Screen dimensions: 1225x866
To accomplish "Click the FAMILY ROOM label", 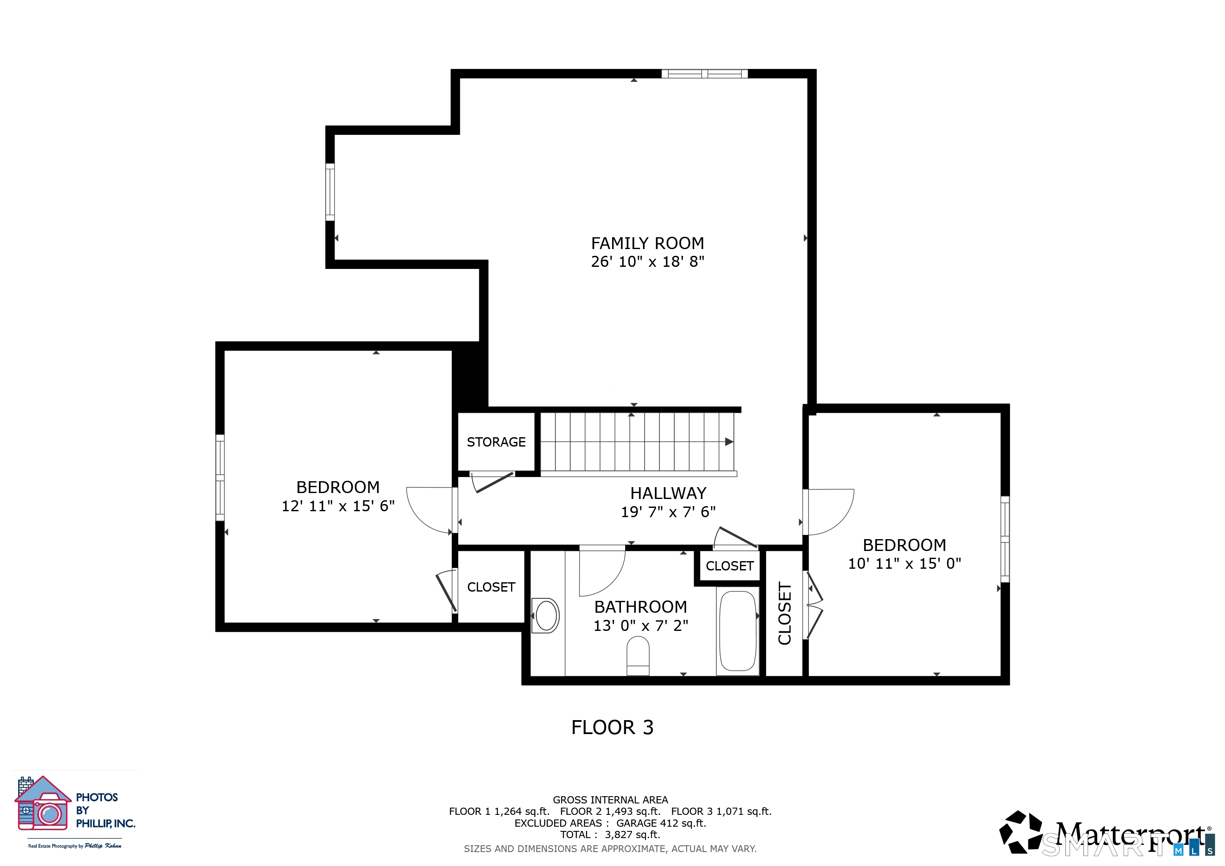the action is (647, 243).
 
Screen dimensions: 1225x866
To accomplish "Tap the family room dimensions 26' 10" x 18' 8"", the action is (647, 261).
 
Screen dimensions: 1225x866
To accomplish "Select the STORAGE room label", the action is (496, 442).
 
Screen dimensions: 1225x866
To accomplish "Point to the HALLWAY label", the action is (668, 493).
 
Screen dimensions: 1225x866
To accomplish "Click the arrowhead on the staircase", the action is (729, 441).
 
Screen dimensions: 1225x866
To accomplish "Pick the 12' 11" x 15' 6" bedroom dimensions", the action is (338, 506).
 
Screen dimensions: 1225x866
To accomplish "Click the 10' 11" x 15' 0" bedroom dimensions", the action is (904, 564).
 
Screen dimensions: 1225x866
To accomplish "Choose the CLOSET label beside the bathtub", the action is (729, 566).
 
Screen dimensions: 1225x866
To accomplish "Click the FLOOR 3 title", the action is (612, 727).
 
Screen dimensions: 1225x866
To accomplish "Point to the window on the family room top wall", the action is (704, 74).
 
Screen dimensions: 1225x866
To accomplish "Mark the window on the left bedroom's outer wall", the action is (220, 477).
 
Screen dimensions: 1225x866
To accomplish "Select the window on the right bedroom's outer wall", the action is (1005, 539).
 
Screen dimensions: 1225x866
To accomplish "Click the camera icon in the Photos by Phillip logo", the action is (49, 813).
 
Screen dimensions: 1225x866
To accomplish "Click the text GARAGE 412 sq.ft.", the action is (661, 823).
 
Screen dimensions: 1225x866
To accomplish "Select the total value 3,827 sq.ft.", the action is (632, 835).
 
